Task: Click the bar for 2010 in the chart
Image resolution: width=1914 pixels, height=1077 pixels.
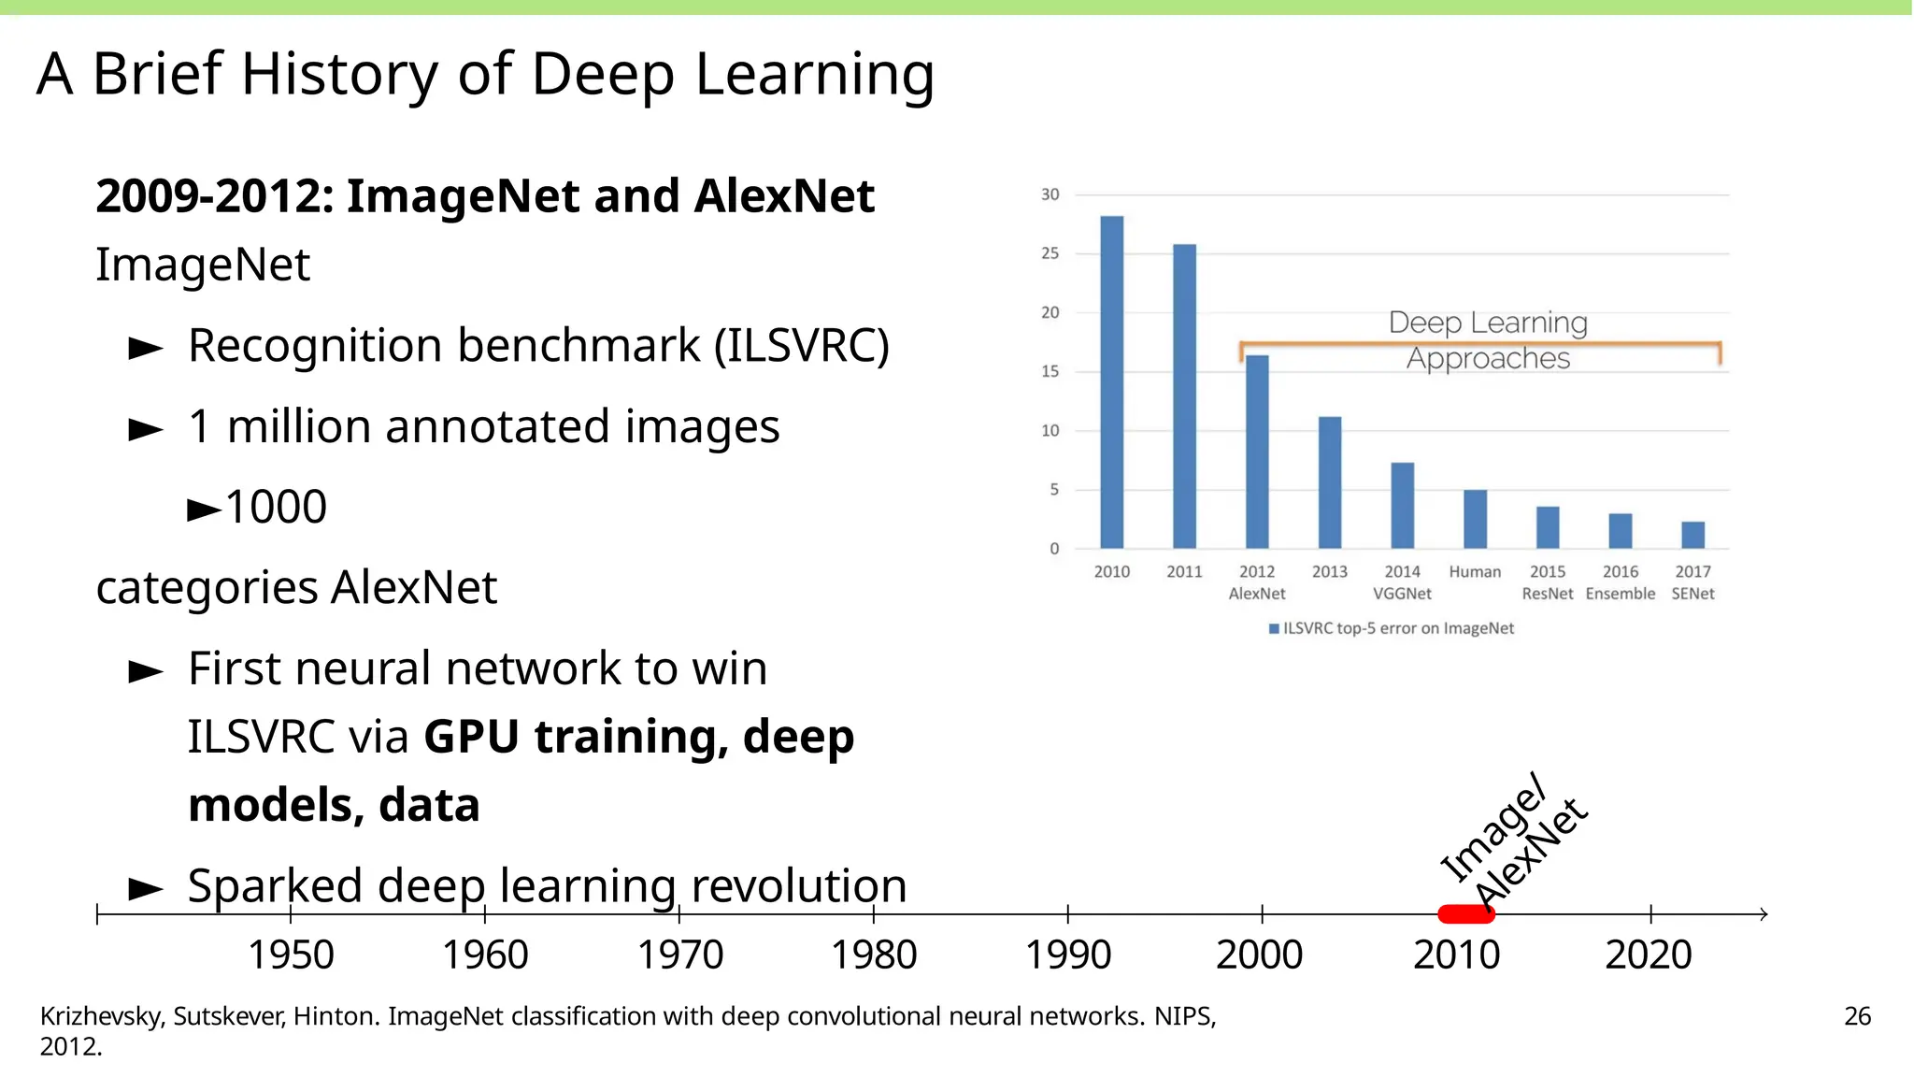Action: click(x=1111, y=382)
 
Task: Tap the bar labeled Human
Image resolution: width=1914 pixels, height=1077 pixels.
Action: click(x=1475, y=519)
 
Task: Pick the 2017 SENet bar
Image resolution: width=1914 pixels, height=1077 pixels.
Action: click(x=1693, y=535)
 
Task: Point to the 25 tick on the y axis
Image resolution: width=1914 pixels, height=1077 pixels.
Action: click(x=1050, y=253)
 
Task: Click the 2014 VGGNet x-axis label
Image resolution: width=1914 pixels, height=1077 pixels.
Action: click(x=1402, y=582)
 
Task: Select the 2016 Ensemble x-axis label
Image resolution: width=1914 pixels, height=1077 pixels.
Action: click(x=1620, y=582)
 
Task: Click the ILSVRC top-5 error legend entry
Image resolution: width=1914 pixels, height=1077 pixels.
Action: click(x=1392, y=628)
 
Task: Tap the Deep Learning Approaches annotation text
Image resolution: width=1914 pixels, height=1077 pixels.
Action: click(x=1488, y=340)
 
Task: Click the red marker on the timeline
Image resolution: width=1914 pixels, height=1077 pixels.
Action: click(x=1465, y=913)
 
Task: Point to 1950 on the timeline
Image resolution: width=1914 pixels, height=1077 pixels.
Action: click(x=291, y=955)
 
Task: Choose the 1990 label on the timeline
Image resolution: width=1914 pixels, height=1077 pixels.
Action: click(x=1068, y=955)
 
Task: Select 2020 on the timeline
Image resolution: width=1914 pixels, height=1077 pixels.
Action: click(x=1649, y=955)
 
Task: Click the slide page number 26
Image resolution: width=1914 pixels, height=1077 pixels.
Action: click(x=1857, y=1016)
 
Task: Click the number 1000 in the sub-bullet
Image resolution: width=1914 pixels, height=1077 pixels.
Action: click(x=276, y=507)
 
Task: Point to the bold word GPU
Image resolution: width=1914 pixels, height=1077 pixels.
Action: click(x=471, y=737)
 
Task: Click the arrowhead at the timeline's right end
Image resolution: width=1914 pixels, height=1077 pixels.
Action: click(x=1763, y=913)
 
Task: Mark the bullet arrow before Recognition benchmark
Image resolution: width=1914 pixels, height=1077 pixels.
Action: click(x=146, y=349)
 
